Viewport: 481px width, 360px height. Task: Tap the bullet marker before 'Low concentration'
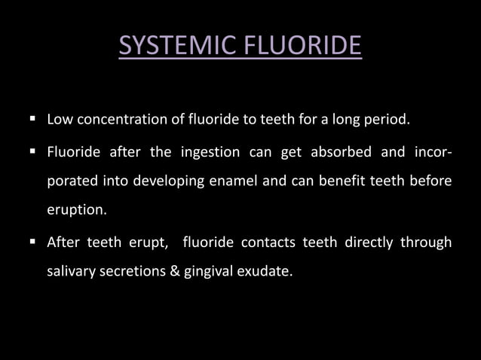coord(33,118)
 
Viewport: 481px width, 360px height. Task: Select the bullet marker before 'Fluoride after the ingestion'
coord(33,151)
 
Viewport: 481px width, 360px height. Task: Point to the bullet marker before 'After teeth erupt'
coord(33,241)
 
